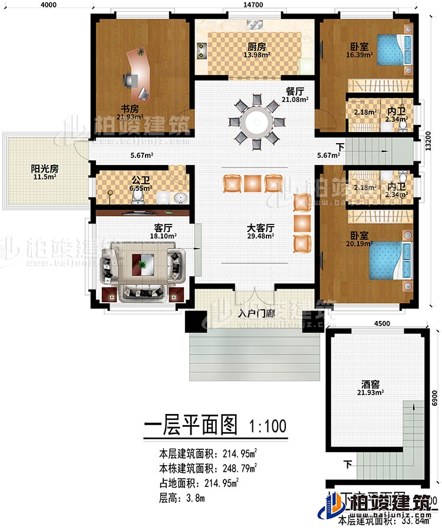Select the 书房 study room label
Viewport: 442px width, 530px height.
pyautogui.click(x=130, y=109)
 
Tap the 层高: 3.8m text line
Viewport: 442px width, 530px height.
pyautogui.click(x=182, y=498)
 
